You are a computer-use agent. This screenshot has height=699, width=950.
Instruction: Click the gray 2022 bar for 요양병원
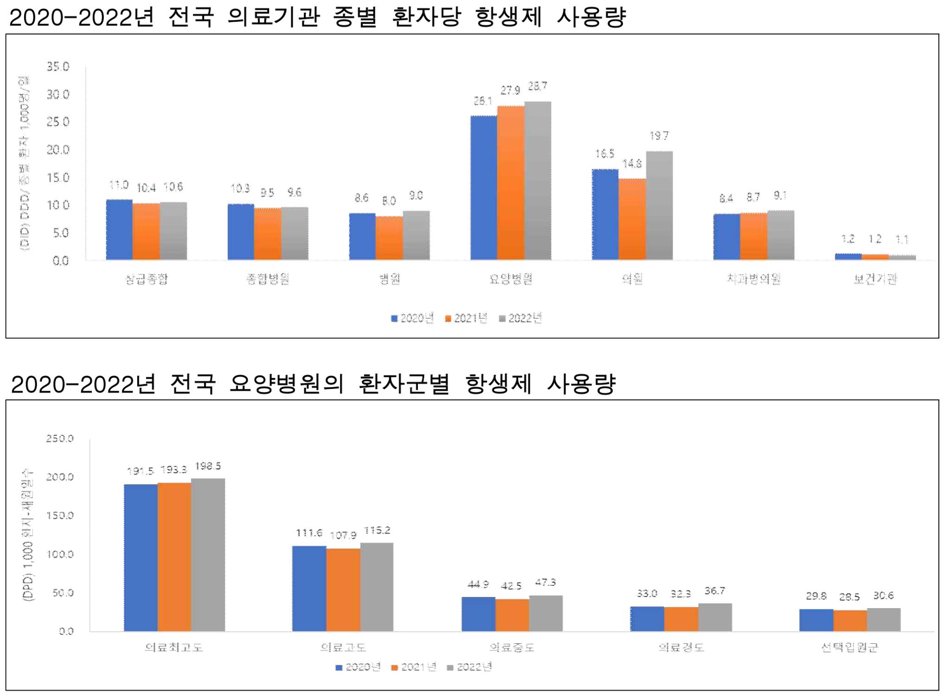tap(538, 181)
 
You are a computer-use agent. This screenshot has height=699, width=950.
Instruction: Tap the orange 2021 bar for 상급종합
tap(146, 231)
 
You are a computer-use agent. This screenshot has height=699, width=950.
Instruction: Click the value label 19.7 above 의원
tap(659, 136)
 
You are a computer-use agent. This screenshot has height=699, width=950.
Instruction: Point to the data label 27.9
tap(510, 90)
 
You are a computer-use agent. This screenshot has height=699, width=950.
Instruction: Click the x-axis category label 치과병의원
tap(753, 279)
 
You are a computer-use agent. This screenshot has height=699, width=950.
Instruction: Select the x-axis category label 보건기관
tap(875, 279)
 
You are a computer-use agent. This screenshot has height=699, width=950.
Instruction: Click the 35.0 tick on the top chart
tap(58, 67)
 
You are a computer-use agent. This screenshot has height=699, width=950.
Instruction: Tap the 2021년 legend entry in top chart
tap(466, 318)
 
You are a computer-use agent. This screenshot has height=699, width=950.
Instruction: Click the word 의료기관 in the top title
tap(274, 17)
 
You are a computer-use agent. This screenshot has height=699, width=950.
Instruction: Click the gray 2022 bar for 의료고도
tap(377, 587)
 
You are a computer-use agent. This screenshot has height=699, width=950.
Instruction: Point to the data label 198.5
tap(208, 466)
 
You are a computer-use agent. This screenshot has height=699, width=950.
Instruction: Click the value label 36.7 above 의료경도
tap(714, 591)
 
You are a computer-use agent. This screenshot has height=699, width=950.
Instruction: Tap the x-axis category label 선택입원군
tap(849, 647)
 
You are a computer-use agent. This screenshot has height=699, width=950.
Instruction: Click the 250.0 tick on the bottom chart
tap(60, 438)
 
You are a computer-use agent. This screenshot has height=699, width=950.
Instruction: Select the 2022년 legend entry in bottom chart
tap(469, 667)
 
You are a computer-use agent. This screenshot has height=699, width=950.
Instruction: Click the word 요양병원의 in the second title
tap(286, 384)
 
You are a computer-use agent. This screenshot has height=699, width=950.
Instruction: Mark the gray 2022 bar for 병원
tap(416, 235)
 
